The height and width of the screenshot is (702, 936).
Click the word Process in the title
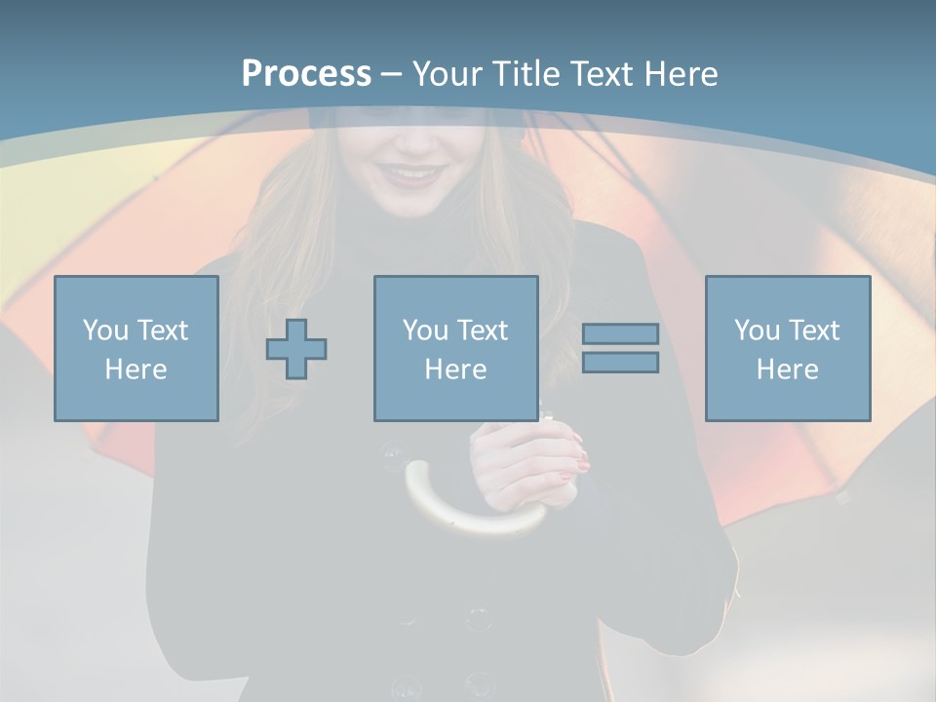coord(306,74)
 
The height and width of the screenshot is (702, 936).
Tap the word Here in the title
coord(682,74)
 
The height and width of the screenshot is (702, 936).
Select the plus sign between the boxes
coord(296,348)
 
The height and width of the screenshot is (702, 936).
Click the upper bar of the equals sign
coord(620,334)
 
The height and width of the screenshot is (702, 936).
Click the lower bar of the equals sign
coord(620,363)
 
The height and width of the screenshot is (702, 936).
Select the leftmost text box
coord(136,348)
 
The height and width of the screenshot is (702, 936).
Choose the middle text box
coord(455,348)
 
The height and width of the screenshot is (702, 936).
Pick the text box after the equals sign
coord(788,348)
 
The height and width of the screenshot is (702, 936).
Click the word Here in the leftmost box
coord(136,370)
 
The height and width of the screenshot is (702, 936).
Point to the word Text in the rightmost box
coord(813,331)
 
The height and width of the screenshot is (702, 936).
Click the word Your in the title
coord(445,74)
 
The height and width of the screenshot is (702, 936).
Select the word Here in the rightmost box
coord(788,370)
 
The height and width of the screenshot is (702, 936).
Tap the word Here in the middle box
coord(455,370)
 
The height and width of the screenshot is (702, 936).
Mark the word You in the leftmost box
coord(106,331)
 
